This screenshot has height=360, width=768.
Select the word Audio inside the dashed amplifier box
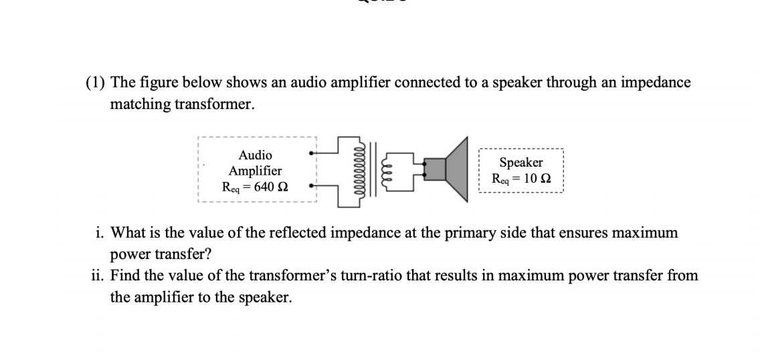coord(255,155)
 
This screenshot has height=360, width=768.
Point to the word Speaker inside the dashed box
coord(521,163)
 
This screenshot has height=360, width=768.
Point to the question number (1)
coord(96,83)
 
